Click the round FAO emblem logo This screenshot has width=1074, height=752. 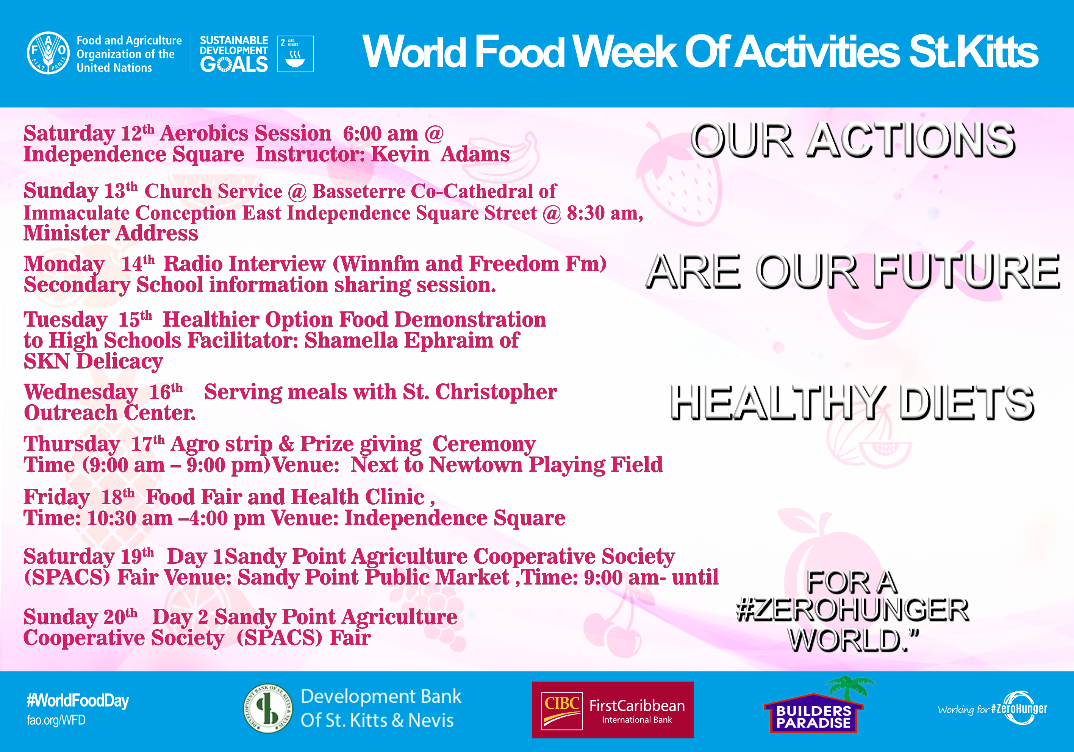click(x=48, y=53)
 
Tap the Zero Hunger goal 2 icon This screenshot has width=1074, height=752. click(x=295, y=54)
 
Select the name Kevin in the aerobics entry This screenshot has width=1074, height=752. click(x=400, y=154)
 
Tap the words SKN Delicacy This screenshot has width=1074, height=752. click(x=94, y=361)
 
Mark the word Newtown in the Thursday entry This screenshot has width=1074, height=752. click(x=476, y=465)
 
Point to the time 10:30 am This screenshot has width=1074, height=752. click(x=130, y=518)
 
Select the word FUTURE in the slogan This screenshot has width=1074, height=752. click(x=966, y=271)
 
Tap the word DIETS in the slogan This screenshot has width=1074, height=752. click(x=967, y=403)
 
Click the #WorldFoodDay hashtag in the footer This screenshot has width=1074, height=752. click(x=78, y=700)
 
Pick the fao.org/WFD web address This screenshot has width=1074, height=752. click(x=56, y=720)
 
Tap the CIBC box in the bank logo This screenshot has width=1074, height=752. click(x=562, y=710)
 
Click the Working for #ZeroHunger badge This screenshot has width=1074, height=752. click(x=993, y=708)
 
